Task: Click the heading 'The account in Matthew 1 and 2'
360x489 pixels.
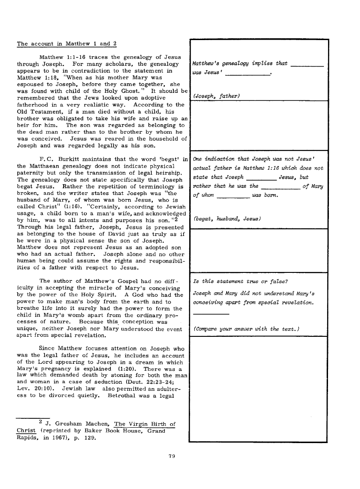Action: click(x=67, y=44)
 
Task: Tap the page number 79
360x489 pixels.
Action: click(x=171, y=456)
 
